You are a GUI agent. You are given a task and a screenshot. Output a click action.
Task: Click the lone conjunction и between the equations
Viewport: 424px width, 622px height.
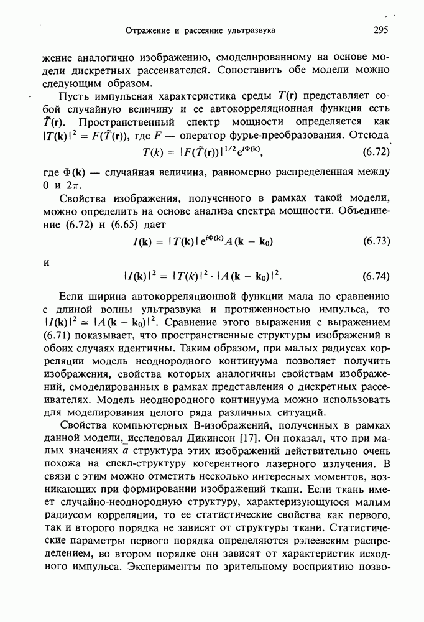[x=45, y=262]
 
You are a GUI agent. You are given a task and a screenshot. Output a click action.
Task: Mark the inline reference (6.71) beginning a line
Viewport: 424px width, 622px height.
[x=58, y=336]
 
